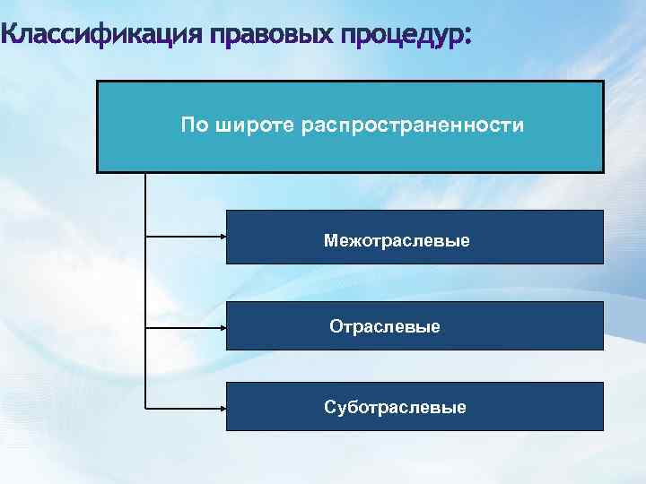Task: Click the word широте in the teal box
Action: click(254, 125)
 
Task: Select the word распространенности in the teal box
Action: click(413, 125)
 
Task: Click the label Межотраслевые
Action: click(397, 240)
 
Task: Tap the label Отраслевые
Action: click(385, 327)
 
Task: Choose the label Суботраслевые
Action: click(395, 408)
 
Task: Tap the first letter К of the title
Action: click(10, 37)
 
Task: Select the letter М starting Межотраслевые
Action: click(330, 240)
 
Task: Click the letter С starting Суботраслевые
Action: click(329, 408)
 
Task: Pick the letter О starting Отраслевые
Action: click(336, 327)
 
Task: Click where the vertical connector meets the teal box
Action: click(144, 172)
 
